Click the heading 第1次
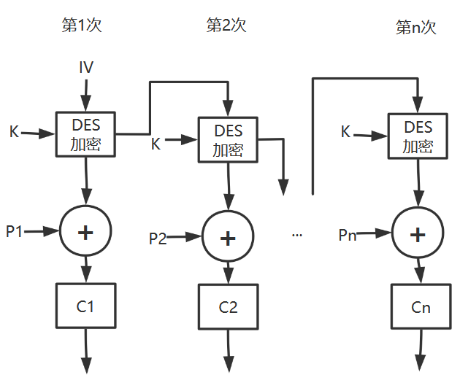(81, 26)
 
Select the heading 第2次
(226, 26)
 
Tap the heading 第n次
(415, 28)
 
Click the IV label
(86, 68)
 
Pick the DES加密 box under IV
(86, 134)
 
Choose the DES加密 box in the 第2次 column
(229, 140)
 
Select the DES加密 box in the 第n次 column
(418, 136)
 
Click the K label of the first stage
(14, 132)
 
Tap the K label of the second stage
(156, 144)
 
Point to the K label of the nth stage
(346, 132)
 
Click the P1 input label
(15, 231)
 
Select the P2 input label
(158, 238)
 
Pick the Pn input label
(348, 234)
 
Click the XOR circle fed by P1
(86, 232)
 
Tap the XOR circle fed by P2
(229, 238)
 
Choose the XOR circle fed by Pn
(418, 234)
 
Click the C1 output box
(86, 306)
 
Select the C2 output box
(229, 307)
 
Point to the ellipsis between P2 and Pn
(297, 235)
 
